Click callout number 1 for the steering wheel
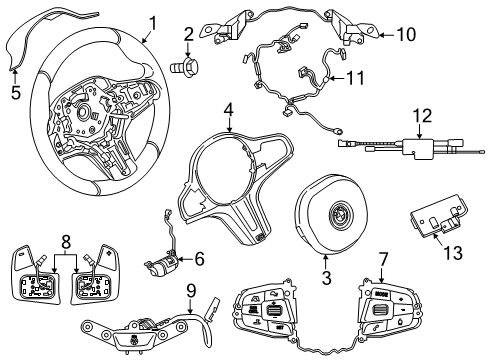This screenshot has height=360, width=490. [x=152, y=21]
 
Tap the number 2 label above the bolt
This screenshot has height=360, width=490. [x=188, y=39]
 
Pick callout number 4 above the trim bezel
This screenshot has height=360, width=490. [x=229, y=111]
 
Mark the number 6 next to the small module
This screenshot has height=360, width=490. [x=199, y=259]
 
